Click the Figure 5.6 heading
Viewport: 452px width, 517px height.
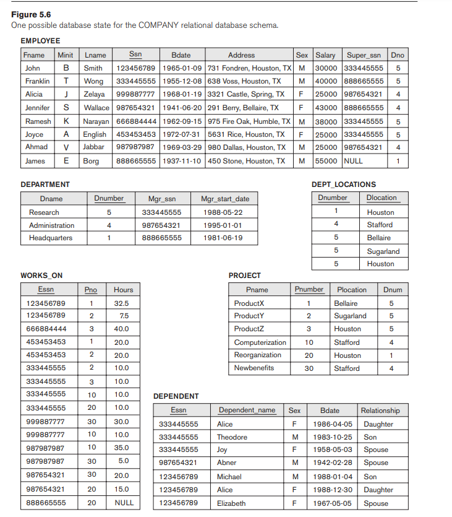pyautogui.click(x=31, y=14)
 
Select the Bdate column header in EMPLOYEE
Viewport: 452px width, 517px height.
pyautogui.click(x=181, y=55)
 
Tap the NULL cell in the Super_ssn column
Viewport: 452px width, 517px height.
pyautogui.click(x=354, y=161)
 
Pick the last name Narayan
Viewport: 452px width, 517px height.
pyautogui.click(x=95, y=121)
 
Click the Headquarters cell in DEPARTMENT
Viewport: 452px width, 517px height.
pyautogui.click(x=51, y=238)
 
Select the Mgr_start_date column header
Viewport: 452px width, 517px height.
pyautogui.click(x=225, y=199)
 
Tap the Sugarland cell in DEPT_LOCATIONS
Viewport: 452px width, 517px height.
pyautogui.click(x=383, y=251)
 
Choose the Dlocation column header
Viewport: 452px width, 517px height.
pyautogui.click(x=382, y=198)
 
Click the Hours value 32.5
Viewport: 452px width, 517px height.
pyautogui.click(x=121, y=303)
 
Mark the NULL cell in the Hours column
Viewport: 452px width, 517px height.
pyautogui.click(x=124, y=503)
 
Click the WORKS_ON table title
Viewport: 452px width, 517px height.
pyautogui.click(x=41, y=276)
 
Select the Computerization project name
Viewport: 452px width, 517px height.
pyautogui.click(x=260, y=342)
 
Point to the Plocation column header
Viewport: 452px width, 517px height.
pyautogui.click(x=351, y=290)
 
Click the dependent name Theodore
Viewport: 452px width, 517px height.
pyautogui.click(x=232, y=437)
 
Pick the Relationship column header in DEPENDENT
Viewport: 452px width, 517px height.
pyautogui.click(x=380, y=411)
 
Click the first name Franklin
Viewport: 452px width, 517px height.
pyautogui.click(x=38, y=81)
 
